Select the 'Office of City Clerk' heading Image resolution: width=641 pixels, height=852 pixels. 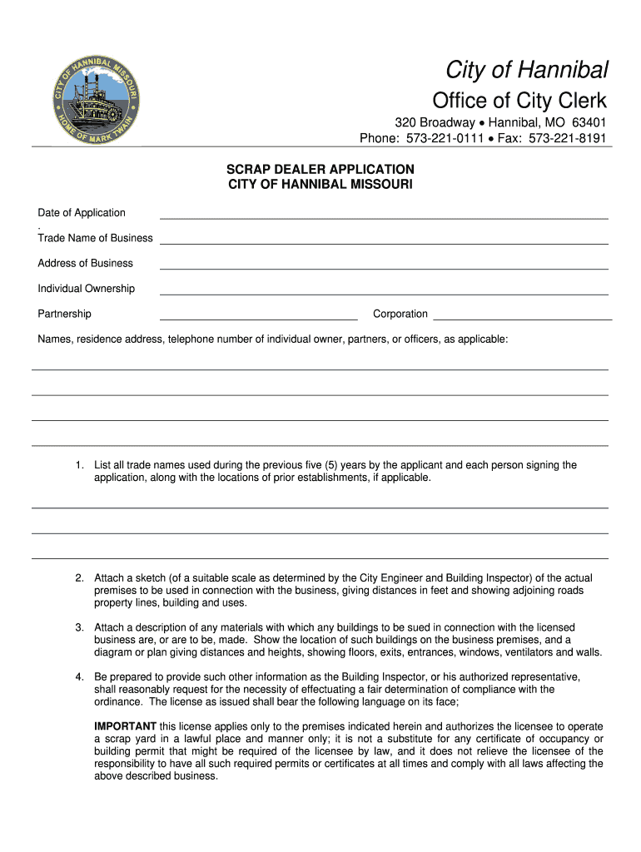(519, 102)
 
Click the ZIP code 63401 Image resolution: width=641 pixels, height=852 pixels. (589, 123)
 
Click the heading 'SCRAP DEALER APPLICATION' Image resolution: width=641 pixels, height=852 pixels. (320, 169)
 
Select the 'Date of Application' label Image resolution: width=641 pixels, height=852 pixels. (82, 213)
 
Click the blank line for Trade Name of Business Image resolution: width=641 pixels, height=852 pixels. (383, 242)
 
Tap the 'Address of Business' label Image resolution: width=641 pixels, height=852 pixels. (85, 264)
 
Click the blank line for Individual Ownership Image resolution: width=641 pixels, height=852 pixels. (383, 293)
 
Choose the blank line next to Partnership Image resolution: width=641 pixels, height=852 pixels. (258, 318)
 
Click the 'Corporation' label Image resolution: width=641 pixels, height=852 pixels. (400, 315)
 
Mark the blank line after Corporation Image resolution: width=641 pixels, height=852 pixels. (523, 318)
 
